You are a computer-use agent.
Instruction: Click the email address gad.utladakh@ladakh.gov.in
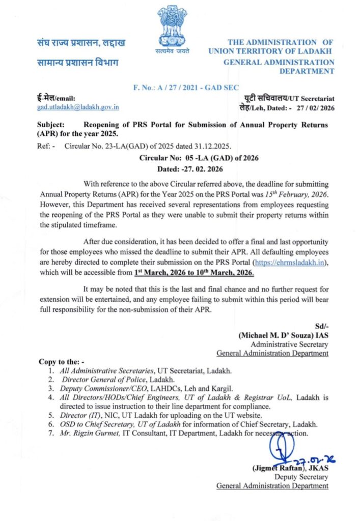pos(78,107)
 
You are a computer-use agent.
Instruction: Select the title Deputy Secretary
pos(301,477)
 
